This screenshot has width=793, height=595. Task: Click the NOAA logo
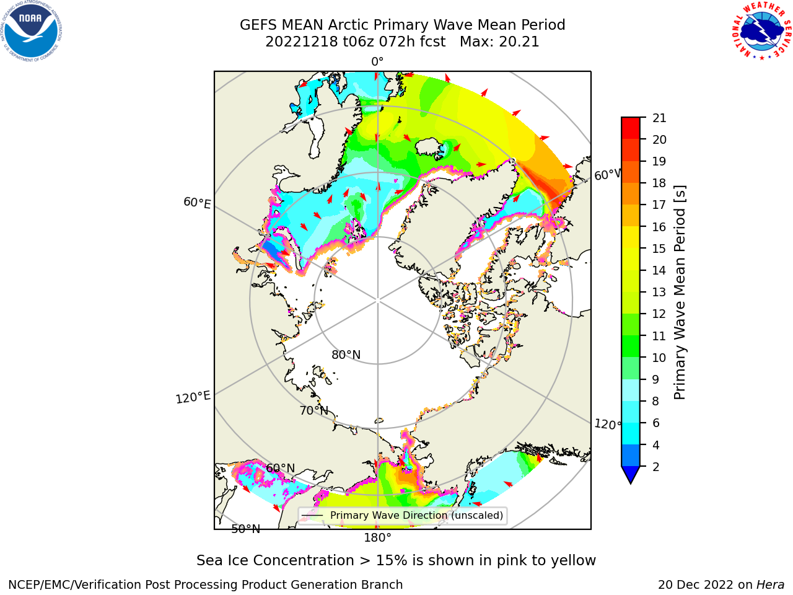[32, 32]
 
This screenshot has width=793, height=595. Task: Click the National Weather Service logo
[761, 31]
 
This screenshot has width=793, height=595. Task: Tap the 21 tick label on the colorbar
[659, 118]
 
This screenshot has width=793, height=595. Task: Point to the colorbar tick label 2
[656, 467]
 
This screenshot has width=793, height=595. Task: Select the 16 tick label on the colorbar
[659, 227]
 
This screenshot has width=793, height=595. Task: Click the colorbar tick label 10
[659, 358]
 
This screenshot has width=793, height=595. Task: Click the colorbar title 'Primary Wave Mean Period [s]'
[680, 293]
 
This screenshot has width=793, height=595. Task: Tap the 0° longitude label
[377, 62]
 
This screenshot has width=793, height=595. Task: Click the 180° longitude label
[377, 538]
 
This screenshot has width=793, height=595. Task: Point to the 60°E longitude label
[197, 203]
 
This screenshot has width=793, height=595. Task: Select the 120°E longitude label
[193, 397]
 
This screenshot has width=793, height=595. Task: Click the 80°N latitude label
[346, 355]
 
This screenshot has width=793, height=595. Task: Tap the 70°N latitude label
[314, 411]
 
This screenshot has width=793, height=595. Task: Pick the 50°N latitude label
[246, 529]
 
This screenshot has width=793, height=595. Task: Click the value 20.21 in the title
[519, 42]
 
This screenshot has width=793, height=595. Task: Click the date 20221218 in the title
[302, 42]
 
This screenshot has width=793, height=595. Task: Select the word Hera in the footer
[771, 585]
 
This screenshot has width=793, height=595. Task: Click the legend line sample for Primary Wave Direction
[312, 516]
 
